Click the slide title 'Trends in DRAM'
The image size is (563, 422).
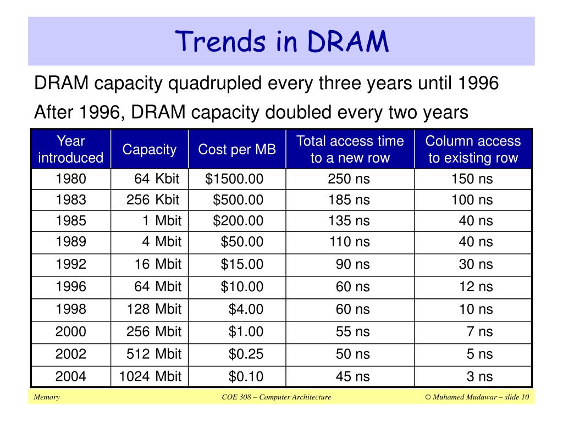(x=282, y=41)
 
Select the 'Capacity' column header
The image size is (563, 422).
(x=150, y=149)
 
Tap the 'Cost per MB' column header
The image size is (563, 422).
(x=237, y=149)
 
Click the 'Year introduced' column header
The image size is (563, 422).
(x=71, y=149)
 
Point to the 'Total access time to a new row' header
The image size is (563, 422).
(x=350, y=149)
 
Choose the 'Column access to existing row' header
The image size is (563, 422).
(x=473, y=149)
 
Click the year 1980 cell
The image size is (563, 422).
(x=71, y=179)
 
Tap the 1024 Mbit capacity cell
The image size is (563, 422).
(x=150, y=376)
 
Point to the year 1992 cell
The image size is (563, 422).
(x=71, y=264)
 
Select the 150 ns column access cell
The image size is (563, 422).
(x=472, y=179)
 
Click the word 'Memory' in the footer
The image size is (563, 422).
(x=47, y=397)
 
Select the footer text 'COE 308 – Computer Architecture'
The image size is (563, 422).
(x=276, y=397)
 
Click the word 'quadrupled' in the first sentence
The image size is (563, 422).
(x=215, y=84)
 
